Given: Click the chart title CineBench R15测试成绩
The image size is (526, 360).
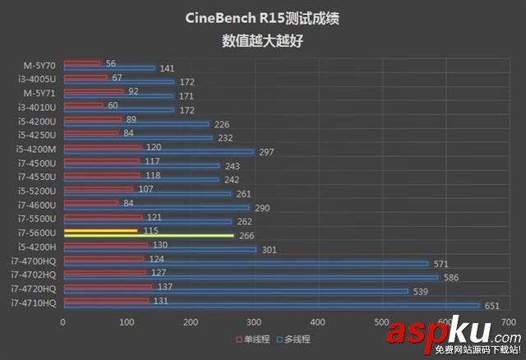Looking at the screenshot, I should [x=263, y=18].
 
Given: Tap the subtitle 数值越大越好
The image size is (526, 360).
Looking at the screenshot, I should [x=263, y=39].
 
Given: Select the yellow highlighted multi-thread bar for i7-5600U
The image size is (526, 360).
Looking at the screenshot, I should [x=149, y=236].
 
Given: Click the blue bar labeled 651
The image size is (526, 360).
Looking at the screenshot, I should [x=271, y=305].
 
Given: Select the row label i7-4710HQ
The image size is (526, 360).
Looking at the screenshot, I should [x=34, y=303].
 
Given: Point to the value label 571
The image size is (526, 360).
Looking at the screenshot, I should [x=441, y=264].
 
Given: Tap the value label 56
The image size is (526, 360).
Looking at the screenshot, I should [x=111, y=63].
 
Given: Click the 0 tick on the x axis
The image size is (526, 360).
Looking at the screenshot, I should [x=63, y=322].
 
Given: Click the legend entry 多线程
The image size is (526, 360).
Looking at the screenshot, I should [x=297, y=339].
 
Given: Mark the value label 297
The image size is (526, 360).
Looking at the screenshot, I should [x=265, y=153].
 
